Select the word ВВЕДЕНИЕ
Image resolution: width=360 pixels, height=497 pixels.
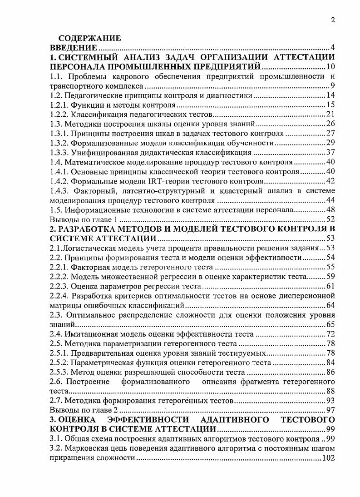pos(73,48)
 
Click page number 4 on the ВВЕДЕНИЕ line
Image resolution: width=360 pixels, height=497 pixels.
pos(333,48)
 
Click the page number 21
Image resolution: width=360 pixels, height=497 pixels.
pos(330,114)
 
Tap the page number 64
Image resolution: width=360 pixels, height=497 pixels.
pos(330,305)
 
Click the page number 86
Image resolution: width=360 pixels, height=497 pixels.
pos(330,372)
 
